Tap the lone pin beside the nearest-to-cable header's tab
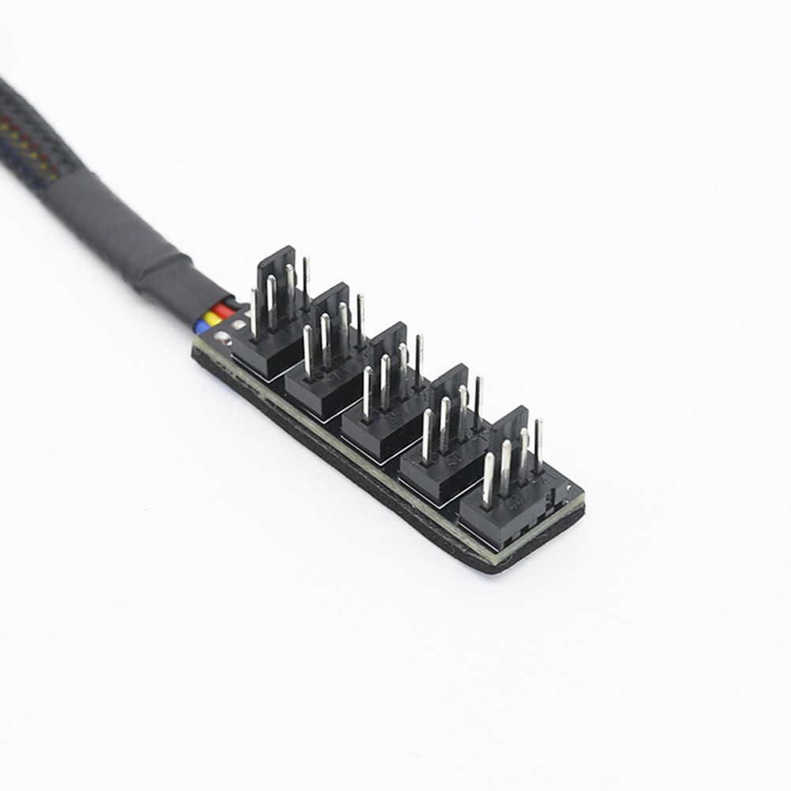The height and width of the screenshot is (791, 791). pyautogui.click(x=306, y=281)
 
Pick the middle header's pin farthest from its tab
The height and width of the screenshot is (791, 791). pyautogui.click(x=367, y=391)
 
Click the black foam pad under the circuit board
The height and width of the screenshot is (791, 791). pyautogui.click(x=356, y=490)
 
